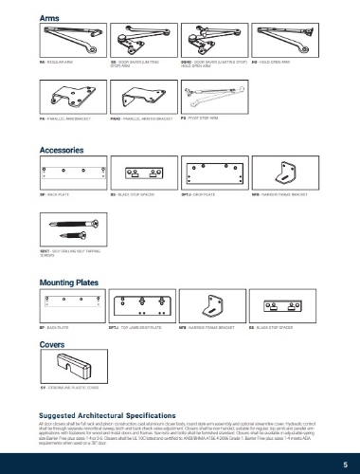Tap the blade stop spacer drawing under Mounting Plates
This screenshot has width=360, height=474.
point(287,306)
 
